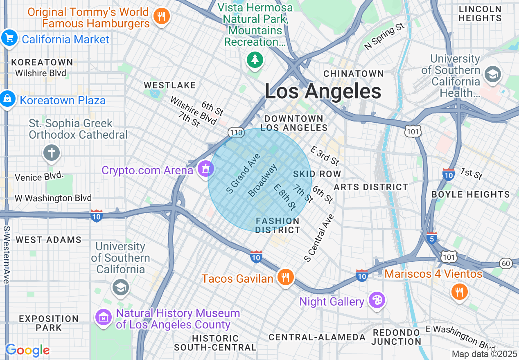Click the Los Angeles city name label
pyautogui.click(x=323, y=91)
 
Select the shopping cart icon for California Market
pyautogui.click(x=9, y=38)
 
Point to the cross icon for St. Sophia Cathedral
pyautogui.click(x=52, y=153)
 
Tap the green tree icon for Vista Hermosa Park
pyautogui.click(x=255, y=60)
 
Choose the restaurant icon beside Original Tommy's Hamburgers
pyautogui.click(x=161, y=16)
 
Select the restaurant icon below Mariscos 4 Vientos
pyautogui.click(x=460, y=292)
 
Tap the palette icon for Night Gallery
pyautogui.click(x=376, y=301)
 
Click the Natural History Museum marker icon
pyautogui.click(x=104, y=317)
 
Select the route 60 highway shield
pyautogui.click(x=506, y=263)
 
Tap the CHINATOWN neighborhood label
pyautogui.click(x=354, y=74)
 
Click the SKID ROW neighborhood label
pyautogui.click(x=317, y=174)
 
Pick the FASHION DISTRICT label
pyautogui.click(x=278, y=225)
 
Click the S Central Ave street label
pyautogui.click(x=319, y=238)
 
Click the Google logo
pyautogui.click(x=27, y=350)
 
